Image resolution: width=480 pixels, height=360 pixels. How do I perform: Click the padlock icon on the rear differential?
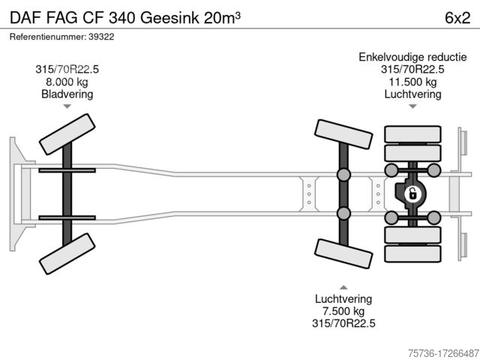coord(411,194)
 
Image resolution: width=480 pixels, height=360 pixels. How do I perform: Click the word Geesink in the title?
coord(173,17)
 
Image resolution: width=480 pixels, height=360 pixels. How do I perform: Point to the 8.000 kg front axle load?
coord(67,82)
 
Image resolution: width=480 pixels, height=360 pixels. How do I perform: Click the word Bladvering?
coord(67,94)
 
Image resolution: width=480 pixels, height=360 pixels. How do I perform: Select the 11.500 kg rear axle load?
coord(412,82)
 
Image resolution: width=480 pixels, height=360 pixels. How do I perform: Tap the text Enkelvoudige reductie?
coord(412,57)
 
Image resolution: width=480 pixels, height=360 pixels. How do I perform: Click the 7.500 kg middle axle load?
coord(343,310)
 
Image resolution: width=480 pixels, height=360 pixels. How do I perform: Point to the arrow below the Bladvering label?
coord(67,107)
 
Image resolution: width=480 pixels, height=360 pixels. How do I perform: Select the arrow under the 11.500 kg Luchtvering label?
coord(412,107)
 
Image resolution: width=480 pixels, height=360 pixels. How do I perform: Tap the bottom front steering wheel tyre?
coord(68,253)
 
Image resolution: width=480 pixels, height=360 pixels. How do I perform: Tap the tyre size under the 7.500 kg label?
coord(343,323)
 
